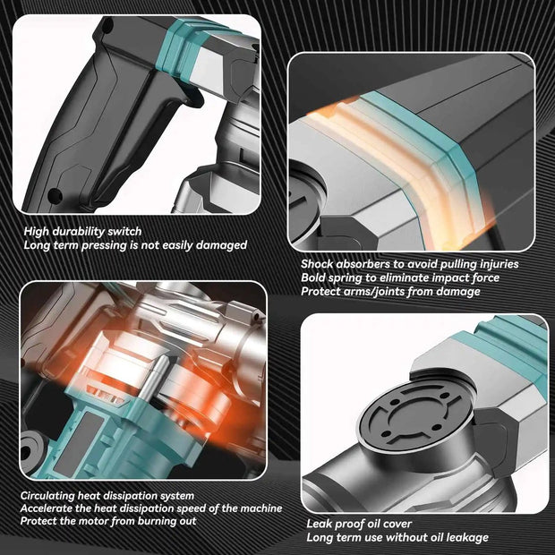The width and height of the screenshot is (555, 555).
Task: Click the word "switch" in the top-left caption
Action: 124,232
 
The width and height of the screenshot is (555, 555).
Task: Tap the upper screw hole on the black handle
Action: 108,26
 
